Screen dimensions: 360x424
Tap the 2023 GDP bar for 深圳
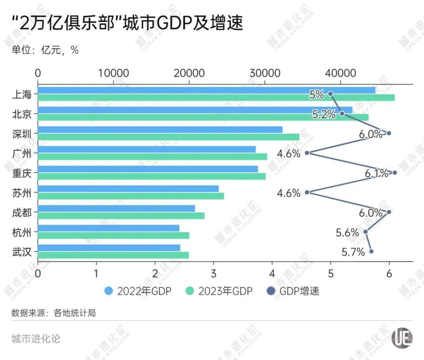[168, 137]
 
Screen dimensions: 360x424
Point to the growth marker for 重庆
[395, 173]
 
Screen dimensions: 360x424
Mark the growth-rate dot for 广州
[307, 153]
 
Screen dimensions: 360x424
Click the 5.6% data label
[347, 233]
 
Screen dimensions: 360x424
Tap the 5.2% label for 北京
[324, 114]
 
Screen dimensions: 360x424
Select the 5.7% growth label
[353, 252]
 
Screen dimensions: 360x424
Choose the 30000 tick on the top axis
[265, 73]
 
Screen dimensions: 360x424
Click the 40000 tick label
[340, 73]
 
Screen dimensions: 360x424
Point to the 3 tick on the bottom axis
[214, 273]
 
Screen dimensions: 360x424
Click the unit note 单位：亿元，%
[45, 50]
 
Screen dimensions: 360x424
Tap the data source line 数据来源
[53, 313]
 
